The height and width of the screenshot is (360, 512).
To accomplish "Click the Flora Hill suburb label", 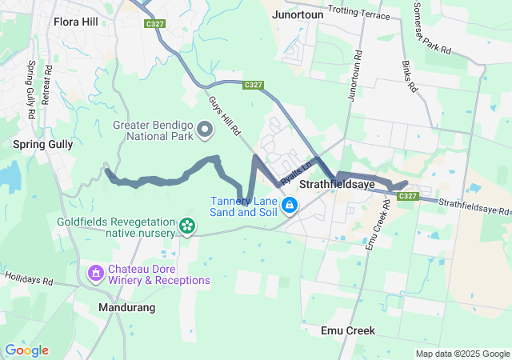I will coord(75,21).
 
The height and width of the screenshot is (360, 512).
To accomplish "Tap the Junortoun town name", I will coord(298,14).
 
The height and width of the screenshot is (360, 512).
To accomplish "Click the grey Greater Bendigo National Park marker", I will coord(205,129).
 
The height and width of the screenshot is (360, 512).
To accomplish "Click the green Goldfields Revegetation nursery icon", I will coord(187,226).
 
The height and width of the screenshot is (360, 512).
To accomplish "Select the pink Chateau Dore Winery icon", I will coord(96,274).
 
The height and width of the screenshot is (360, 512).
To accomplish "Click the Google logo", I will coord(26,350).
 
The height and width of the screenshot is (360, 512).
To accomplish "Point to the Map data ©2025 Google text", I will coord(462,354).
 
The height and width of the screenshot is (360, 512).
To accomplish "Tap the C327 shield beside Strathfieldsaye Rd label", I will coord(407,197).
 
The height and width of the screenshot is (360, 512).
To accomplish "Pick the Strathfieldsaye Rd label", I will coord(473,206).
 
